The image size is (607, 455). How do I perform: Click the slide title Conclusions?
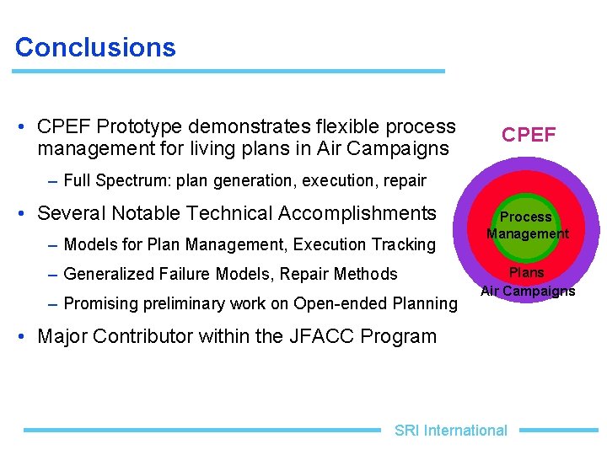[x=95, y=47]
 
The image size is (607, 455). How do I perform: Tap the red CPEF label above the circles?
[x=529, y=135]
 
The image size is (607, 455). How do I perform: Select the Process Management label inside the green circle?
[x=527, y=226]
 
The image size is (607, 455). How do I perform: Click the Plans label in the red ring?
[x=526, y=272]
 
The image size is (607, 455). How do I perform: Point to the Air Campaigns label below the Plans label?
[x=528, y=292]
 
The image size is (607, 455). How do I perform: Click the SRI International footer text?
[x=450, y=431]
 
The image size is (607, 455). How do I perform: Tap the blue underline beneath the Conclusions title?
[x=228, y=72]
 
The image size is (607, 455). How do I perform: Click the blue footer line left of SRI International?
[x=202, y=430]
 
